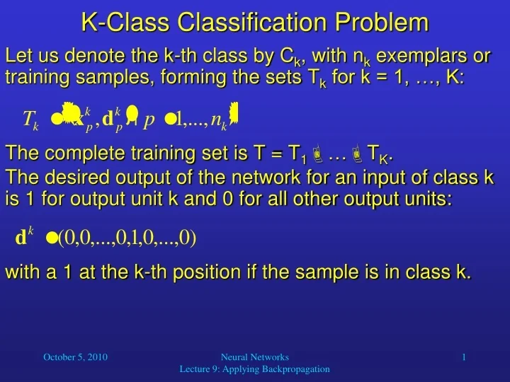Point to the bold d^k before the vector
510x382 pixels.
[x=23, y=238]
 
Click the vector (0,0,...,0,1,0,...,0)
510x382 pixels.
[x=127, y=238]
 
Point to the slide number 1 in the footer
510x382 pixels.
[x=464, y=358]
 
